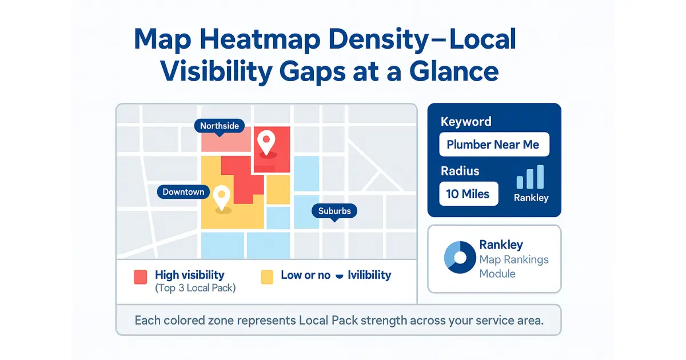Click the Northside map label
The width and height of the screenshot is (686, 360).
(x=220, y=126)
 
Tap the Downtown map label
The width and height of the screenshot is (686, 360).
(x=184, y=192)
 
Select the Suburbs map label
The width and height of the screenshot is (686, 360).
(x=334, y=211)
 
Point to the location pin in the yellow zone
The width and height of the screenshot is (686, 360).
(x=221, y=197)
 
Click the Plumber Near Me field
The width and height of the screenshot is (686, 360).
(x=493, y=145)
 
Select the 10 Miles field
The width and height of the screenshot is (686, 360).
(x=468, y=194)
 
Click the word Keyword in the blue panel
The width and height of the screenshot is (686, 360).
(x=466, y=122)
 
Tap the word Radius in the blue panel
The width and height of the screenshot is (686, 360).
(x=460, y=171)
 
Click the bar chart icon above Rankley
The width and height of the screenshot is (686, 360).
(x=531, y=178)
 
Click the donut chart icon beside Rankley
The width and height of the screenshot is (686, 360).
(x=460, y=257)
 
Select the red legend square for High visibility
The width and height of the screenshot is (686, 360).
(x=141, y=277)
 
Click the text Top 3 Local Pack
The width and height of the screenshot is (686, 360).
(x=196, y=288)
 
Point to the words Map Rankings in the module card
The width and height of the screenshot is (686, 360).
(x=514, y=259)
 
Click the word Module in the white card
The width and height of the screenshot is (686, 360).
(x=497, y=274)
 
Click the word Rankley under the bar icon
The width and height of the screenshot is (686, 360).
(x=531, y=198)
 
